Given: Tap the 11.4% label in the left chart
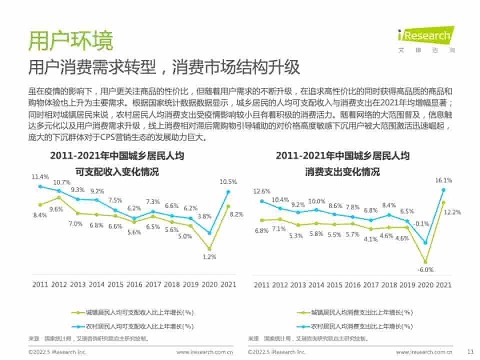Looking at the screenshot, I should tap(40, 177).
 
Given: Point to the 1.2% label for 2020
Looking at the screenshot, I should tap(209, 257).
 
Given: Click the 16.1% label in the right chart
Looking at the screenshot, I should tap(443, 180).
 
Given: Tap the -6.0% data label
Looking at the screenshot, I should tap(425, 269).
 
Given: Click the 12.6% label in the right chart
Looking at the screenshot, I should tap(261, 191).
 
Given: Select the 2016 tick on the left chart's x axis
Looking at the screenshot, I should tap(134, 284).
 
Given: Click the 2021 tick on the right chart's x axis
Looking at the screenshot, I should tap(443, 285).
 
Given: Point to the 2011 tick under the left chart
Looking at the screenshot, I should tap(40, 284).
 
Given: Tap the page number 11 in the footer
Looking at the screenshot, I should tap(469, 352).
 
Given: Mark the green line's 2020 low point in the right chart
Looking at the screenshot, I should tap(425, 261).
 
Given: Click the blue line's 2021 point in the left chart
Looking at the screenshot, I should tap(228, 191).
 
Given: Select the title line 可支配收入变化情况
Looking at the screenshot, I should tap(116, 172).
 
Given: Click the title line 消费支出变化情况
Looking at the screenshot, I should tap(342, 172).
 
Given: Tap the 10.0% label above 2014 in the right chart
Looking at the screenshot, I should tap(316, 201).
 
